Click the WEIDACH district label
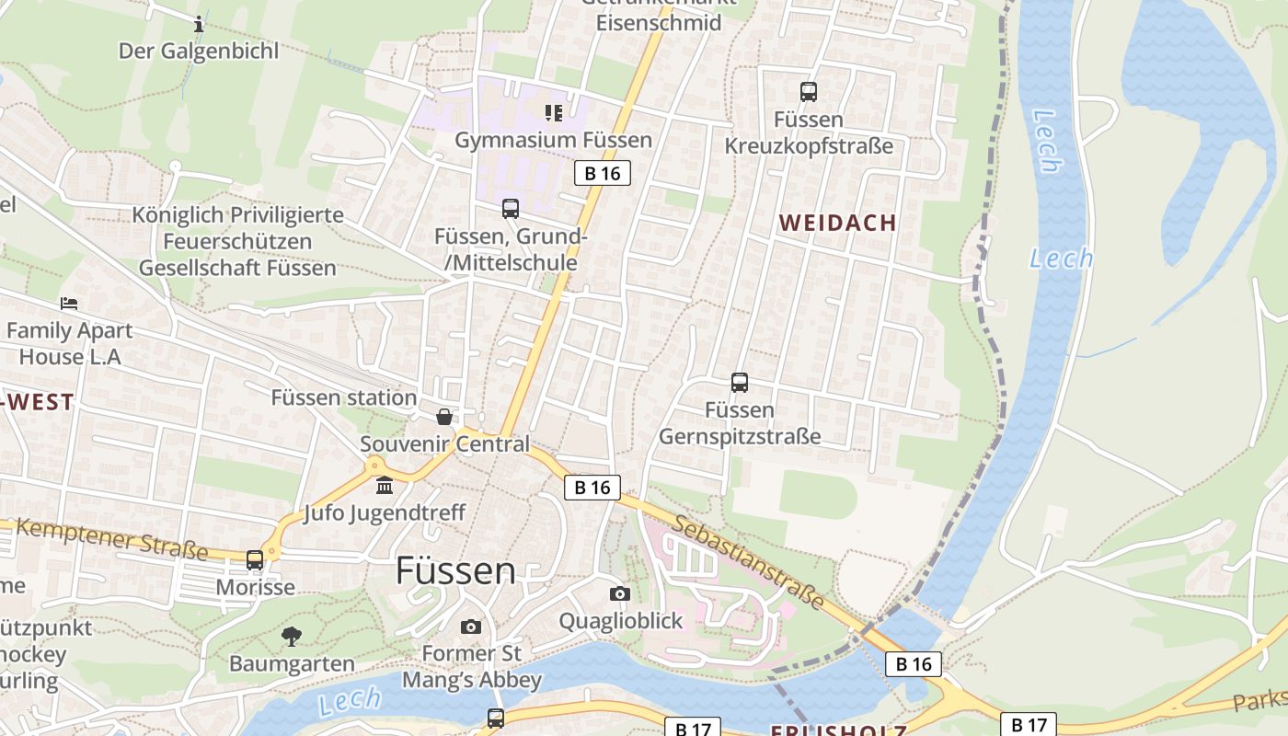[x=837, y=223]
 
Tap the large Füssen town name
[x=455, y=570]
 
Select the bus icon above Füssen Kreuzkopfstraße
[x=808, y=92]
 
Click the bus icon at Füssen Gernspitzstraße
[x=739, y=383]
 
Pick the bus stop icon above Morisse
[x=255, y=559]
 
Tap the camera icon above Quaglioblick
[x=620, y=593]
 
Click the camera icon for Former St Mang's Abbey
[x=471, y=627]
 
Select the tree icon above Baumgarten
[x=292, y=636]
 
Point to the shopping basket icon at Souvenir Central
[x=444, y=417]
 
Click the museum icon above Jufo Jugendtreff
[x=385, y=485]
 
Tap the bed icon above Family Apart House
[x=69, y=303]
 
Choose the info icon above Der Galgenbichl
[x=198, y=24]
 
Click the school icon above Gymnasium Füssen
[x=553, y=113]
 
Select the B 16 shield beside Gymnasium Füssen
[x=603, y=173]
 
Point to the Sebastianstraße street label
[x=747, y=561]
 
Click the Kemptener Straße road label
[x=111, y=539]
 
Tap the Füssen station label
[x=343, y=397]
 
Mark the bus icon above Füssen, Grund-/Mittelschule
[x=511, y=209]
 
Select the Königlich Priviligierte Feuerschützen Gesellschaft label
[x=237, y=241]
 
